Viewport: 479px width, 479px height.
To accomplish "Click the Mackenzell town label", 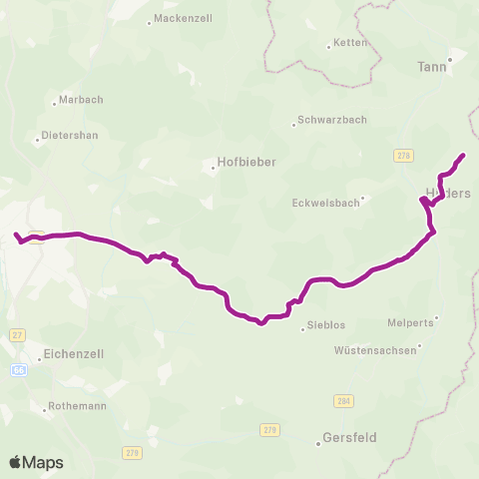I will (183, 19).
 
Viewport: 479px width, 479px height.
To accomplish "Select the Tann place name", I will (431, 68).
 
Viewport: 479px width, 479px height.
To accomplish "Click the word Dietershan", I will (70, 136).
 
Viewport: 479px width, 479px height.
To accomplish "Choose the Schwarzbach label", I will (333, 120).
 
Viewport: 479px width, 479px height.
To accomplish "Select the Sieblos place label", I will (328, 326).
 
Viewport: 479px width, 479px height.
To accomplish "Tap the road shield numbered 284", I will (343, 400).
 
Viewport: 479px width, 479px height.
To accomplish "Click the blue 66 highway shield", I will (19, 369).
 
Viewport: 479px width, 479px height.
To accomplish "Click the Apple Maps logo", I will (36, 462).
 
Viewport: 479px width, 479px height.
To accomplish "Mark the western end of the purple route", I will (15, 235).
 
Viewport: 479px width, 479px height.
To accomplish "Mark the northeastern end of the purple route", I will (464, 155).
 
